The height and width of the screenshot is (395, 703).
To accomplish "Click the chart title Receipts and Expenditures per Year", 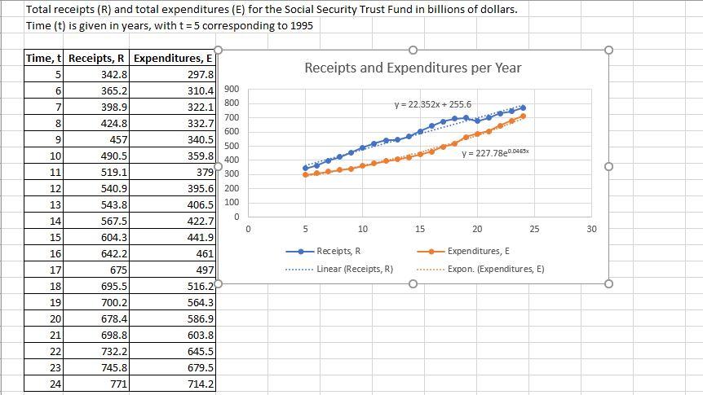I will pyautogui.click(x=413, y=68).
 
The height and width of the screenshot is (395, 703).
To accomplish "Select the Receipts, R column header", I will pyautogui.click(x=97, y=58).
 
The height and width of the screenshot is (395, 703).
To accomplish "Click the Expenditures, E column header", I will pyautogui.click(x=172, y=58).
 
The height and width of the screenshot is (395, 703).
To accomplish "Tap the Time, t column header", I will pyautogui.click(x=44, y=58).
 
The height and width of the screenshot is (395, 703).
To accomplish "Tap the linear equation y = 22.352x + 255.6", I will pyautogui.click(x=432, y=104).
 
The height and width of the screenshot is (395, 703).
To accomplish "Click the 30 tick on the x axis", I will pyautogui.click(x=591, y=230).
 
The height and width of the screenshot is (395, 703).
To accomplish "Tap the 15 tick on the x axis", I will pyautogui.click(x=420, y=230).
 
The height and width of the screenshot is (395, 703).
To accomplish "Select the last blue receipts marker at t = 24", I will pyautogui.click(x=523, y=108).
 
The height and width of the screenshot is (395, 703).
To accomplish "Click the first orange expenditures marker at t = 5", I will pyautogui.click(x=306, y=174).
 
